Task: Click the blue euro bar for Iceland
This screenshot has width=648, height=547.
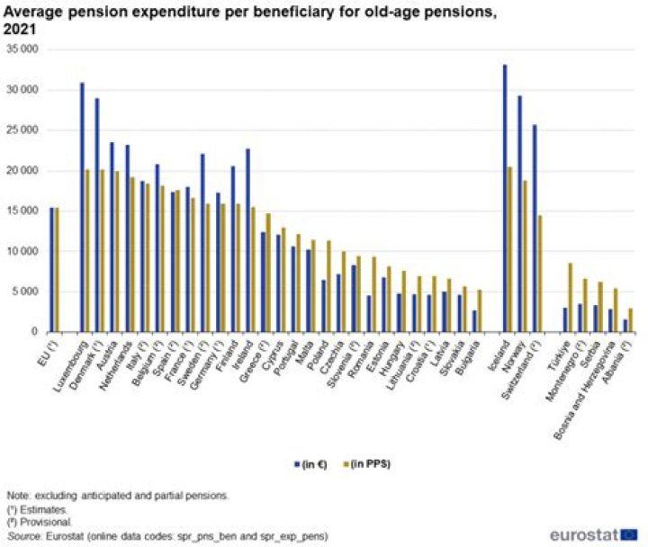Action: pos(504,198)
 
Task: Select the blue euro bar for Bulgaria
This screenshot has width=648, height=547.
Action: pos(474,320)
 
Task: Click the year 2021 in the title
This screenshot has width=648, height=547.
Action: pos(22,28)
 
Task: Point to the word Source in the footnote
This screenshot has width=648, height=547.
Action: pos(21,535)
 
